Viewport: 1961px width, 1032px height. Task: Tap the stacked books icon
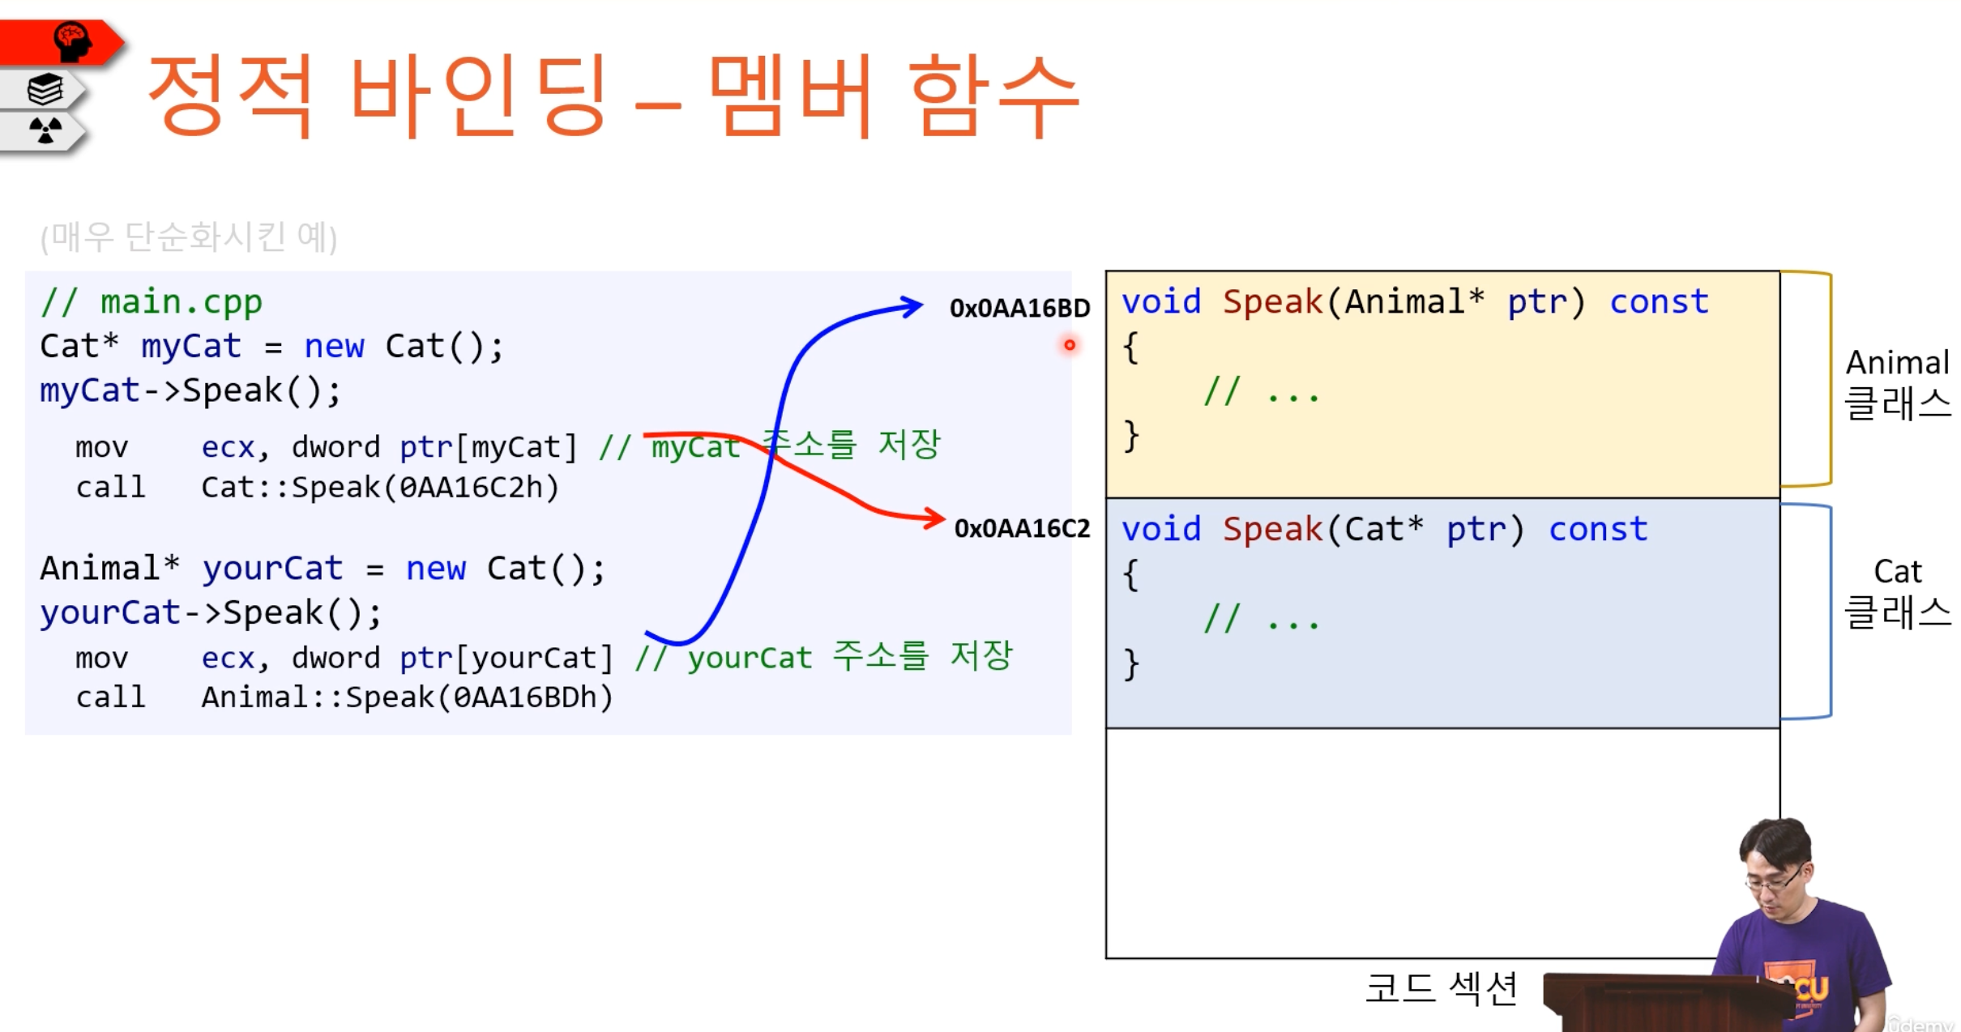(45, 89)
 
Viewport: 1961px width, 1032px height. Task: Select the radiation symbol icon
(45, 130)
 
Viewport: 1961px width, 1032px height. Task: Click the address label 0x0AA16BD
(1019, 308)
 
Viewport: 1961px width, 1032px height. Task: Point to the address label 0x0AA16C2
(1022, 528)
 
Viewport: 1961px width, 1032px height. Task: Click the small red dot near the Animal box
(1070, 345)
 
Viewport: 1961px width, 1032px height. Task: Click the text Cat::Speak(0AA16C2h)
(380, 487)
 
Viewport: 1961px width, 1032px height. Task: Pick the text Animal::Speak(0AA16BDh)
(407, 697)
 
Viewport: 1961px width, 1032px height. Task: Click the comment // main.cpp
(152, 302)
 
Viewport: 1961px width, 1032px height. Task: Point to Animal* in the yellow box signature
(1415, 301)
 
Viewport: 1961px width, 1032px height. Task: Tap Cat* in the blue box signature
(1384, 529)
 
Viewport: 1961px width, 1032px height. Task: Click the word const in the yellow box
(1659, 302)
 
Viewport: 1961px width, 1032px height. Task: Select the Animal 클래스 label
(1898, 384)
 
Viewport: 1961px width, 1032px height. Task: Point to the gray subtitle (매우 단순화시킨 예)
(189, 237)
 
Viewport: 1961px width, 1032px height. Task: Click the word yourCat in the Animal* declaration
(272, 569)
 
